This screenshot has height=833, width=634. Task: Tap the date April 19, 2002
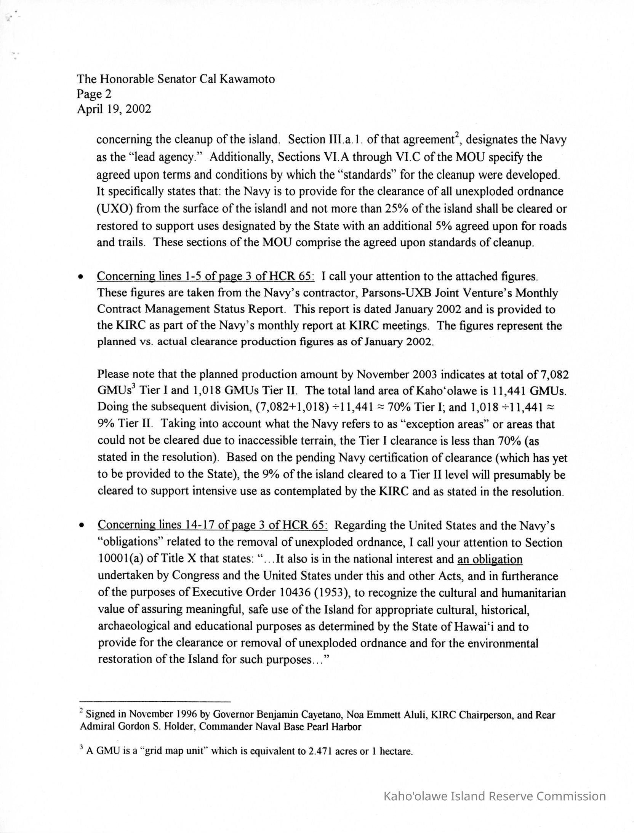click(x=114, y=109)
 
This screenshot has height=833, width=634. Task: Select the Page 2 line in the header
click(x=94, y=94)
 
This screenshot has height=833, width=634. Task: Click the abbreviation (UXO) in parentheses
click(x=114, y=209)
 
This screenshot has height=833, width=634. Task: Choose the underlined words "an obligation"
click(x=490, y=559)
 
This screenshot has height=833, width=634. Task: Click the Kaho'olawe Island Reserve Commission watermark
click(x=494, y=796)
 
